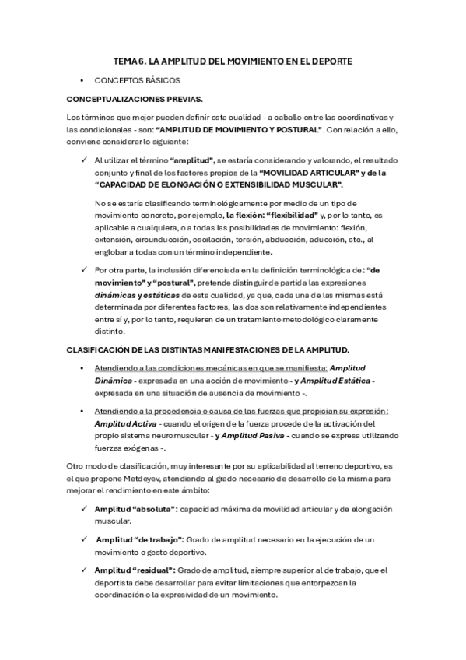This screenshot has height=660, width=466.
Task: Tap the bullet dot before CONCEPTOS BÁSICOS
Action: pos(82,80)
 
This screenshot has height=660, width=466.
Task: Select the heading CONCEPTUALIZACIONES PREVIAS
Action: pos(135,100)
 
